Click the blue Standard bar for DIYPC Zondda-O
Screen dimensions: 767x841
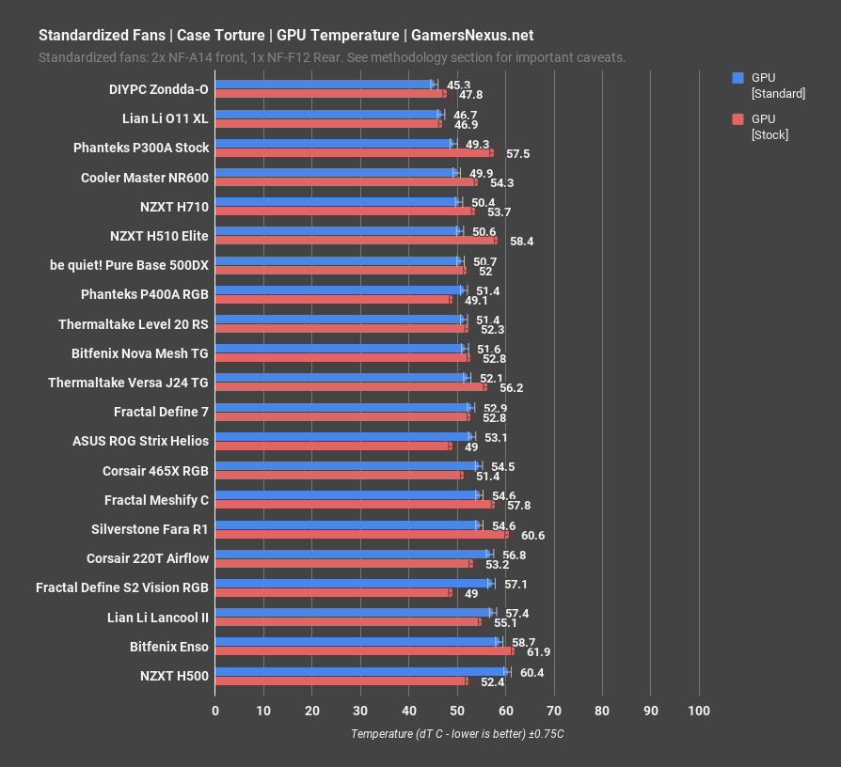pos(325,84)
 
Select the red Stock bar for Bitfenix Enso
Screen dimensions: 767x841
pos(364,650)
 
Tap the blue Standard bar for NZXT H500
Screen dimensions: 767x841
pos(361,671)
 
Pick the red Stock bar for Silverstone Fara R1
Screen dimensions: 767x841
pos(361,534)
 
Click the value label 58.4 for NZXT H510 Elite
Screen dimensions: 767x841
pos(522,242)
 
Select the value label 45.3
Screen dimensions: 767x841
pos(459,85)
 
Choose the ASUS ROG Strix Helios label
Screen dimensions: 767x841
pos(140,440)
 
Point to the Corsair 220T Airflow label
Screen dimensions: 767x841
pos(148,557)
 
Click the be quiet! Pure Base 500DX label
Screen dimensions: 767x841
pos(129,265)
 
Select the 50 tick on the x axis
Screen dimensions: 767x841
pos(457,711)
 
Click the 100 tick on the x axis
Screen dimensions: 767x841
pos(698,711)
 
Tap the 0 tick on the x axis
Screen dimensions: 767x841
pos(215,711)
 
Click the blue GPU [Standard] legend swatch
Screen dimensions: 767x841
pos(738,78)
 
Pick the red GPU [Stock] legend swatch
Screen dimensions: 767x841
pos(738,119)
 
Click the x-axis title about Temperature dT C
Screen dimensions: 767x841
pos(457,734)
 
